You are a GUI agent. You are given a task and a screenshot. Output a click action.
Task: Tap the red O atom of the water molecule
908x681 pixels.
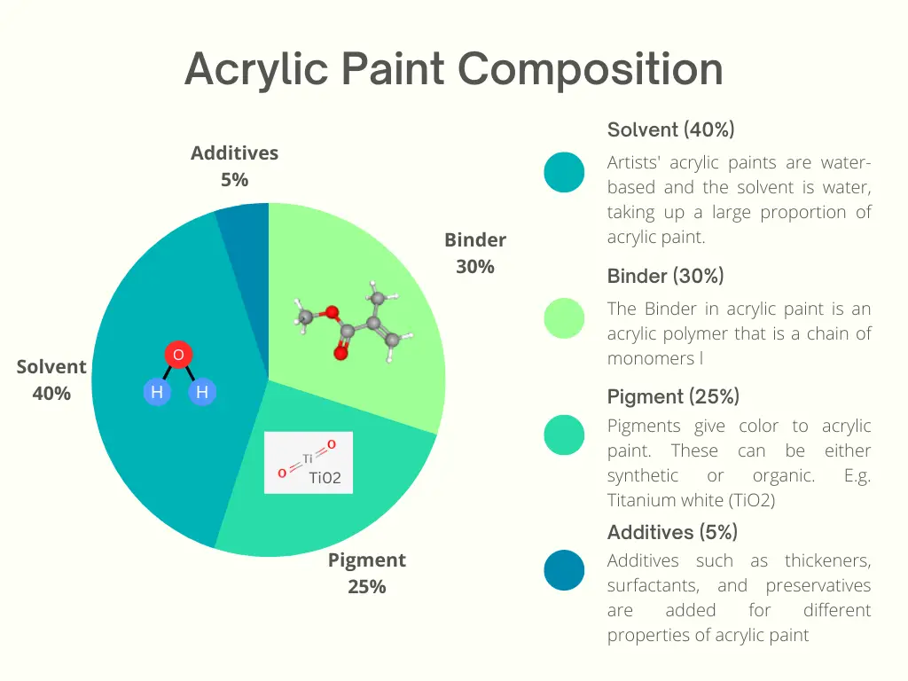point(178,355)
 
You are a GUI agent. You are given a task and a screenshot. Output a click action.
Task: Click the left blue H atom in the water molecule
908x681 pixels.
point(157,392)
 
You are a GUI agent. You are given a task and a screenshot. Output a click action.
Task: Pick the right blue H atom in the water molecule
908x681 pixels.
point(202,392)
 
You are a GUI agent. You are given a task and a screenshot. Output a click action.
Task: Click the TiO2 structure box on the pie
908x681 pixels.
point(308,463)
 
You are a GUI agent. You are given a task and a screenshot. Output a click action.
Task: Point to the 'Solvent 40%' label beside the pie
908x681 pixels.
point(51,380)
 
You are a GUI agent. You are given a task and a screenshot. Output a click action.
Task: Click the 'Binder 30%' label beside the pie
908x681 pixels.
point(475,253)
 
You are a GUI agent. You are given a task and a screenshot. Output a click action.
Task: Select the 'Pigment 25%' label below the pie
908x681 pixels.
point(367,574)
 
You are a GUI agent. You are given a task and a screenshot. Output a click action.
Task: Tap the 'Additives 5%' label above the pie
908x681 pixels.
point(234,166)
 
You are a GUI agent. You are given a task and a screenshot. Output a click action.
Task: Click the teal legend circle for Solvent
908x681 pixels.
point(564,172)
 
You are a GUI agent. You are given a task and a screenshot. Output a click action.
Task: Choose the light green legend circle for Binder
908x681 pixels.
point(564,318)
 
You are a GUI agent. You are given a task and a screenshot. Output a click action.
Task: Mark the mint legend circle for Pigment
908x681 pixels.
point(564,434)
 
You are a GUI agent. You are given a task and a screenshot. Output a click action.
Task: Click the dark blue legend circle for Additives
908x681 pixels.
point(564,570)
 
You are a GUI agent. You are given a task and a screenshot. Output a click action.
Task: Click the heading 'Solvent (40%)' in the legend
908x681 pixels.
point(670,129)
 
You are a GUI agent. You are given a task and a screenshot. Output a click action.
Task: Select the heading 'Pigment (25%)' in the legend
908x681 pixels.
point(674,396)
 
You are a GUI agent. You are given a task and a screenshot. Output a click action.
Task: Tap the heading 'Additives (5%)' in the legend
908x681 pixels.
point(672,532)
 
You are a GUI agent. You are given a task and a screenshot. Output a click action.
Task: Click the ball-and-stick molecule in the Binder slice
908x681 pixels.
point(353,320)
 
